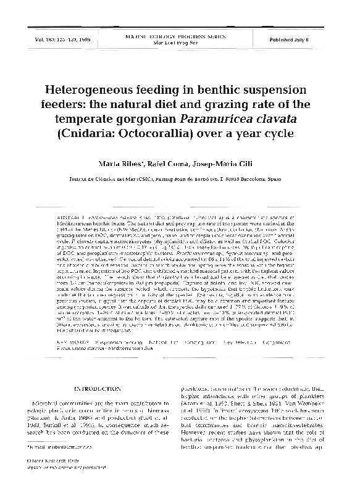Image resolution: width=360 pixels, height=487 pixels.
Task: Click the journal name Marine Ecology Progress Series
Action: click(180, 36)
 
